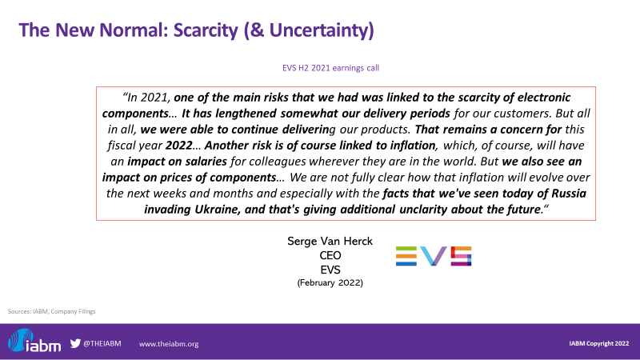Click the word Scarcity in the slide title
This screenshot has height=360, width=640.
206,30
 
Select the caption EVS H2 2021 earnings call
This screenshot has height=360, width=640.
330,68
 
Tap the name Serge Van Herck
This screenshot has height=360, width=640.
330,242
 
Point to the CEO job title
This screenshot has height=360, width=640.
330,255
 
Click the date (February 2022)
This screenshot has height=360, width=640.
330,282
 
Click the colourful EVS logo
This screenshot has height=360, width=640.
434,256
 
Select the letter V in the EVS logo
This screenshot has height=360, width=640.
434,256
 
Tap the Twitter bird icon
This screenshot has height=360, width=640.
75,343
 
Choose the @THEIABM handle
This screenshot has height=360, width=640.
102,344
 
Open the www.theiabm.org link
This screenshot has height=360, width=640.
169,344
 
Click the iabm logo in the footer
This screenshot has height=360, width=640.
34,341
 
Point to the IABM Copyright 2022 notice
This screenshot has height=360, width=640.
598,344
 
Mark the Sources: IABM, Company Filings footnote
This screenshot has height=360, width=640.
51,311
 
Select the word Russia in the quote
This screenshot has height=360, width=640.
569,193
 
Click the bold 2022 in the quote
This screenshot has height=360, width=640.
178,146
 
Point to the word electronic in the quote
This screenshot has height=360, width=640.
544,97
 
